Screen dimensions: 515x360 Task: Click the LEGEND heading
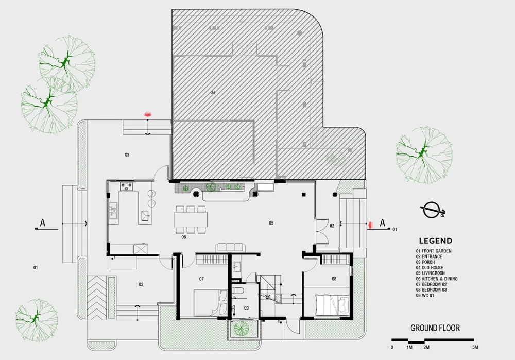tap(436, 241)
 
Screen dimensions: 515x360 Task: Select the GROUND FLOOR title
tap(435, 328)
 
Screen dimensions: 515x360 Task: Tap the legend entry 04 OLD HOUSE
tap(430, 268)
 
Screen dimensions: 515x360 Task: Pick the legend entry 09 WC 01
tap(425, 296)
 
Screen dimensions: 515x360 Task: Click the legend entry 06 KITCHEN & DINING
tap(437, 279)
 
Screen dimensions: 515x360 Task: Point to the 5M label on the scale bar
tap(475, 347)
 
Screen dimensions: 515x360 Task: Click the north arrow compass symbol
tap(432, 210)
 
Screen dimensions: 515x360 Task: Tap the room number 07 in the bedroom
tap(201, 279)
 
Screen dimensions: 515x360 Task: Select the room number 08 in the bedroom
tap(334, 279)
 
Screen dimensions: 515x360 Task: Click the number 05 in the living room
tap(271, 223)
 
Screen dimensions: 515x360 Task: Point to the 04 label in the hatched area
tap(213, 93)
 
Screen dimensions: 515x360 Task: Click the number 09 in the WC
tap(246, 308)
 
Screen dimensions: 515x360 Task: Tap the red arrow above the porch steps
tap(148, 115)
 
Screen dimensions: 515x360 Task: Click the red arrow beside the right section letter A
tap(370, 225)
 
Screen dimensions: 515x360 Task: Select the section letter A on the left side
tap(43, 223)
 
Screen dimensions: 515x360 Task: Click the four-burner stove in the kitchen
tap(127, 186)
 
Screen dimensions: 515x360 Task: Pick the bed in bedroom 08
tap(332, 304)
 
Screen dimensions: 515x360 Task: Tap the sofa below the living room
tap(229, 248)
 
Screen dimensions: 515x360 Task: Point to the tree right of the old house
tap(424, 155)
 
